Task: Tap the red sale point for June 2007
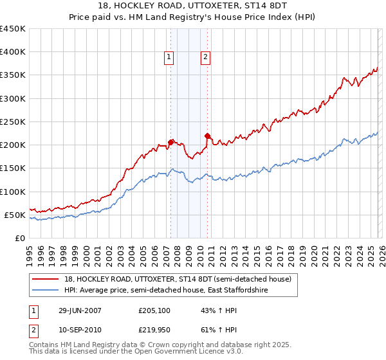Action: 171,142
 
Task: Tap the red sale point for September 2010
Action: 207,136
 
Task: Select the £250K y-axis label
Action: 13,122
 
